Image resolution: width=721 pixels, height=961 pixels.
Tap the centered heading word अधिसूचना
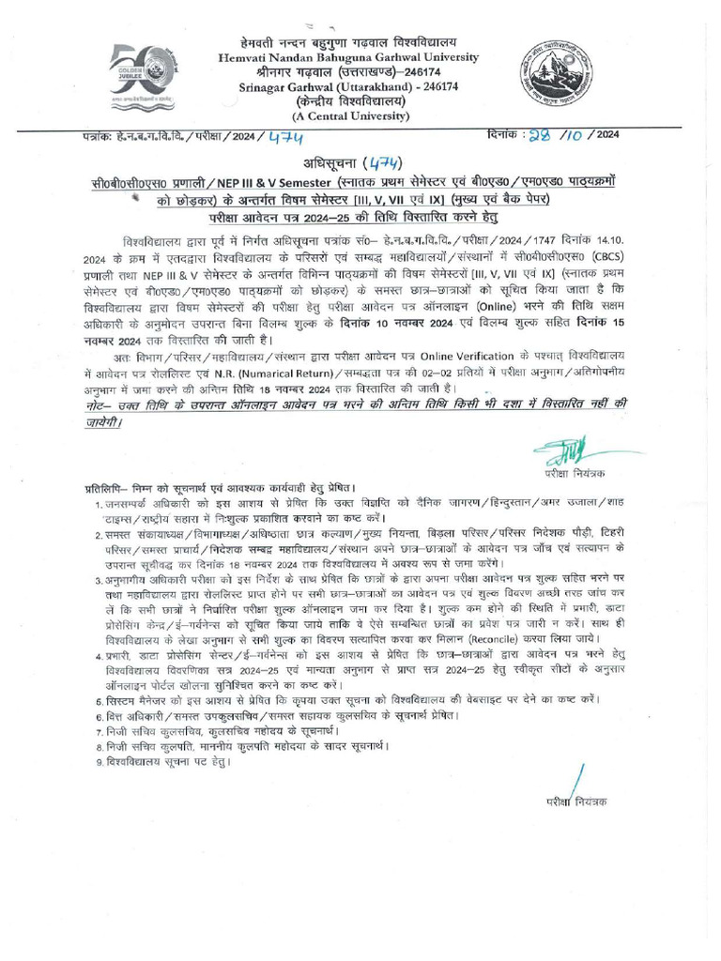coord(326,162)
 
